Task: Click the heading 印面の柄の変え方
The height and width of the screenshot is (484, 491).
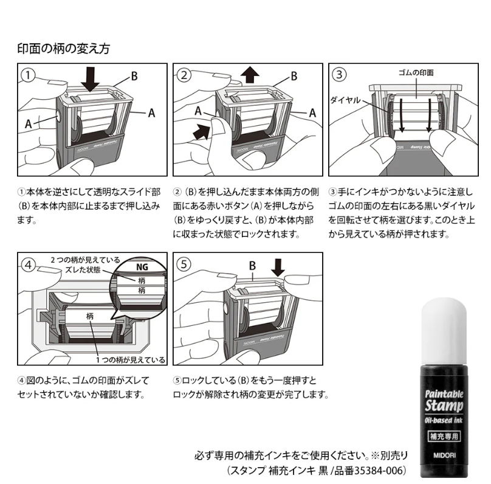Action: click(x=64, y=49)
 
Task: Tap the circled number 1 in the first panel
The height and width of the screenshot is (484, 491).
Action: click(x=28, y=75)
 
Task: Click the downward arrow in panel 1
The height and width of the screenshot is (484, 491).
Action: click(x=90, y=79)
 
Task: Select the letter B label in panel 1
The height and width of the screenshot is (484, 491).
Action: click(x=134, y=76)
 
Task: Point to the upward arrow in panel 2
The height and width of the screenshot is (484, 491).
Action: click(x=250, y=75)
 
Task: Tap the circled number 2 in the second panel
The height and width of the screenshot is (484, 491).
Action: click(x=184, y=75)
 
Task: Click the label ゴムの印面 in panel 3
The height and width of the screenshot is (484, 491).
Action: click(x=416, y=73)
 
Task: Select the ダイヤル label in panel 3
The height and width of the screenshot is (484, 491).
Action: click(x=346, y=100)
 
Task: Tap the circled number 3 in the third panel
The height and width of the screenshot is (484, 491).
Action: click(x=339, y=75)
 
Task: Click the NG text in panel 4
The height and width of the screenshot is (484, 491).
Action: click(x=142, y=267)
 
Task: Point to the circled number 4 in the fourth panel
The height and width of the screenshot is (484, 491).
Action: click(x=28, y=265)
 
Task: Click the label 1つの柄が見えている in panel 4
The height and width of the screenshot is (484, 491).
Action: click(x=130, y=360)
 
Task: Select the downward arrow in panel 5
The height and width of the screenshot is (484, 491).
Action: click(x=278, y=268)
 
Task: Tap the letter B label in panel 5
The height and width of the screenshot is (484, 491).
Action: click(x=252, y=266)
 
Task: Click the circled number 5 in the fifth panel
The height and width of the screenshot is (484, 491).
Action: click(x=184, y=264)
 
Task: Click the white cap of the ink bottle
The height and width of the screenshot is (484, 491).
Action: click(x=444, y=331)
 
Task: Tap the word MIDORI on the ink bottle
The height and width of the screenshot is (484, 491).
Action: click(x=444, y=455)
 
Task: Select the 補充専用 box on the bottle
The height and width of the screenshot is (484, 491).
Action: click(x=444, y=437)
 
